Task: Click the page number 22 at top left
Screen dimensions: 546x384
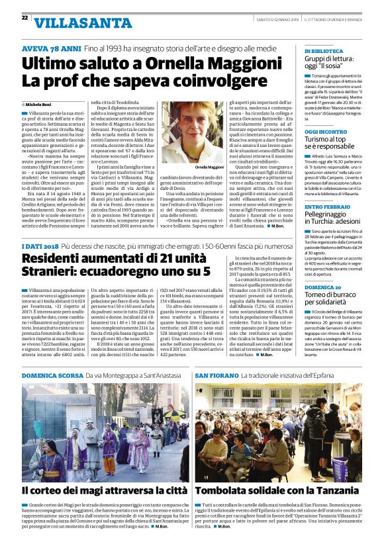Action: [24, 18]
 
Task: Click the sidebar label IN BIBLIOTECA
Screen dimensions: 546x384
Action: [323, 51]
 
